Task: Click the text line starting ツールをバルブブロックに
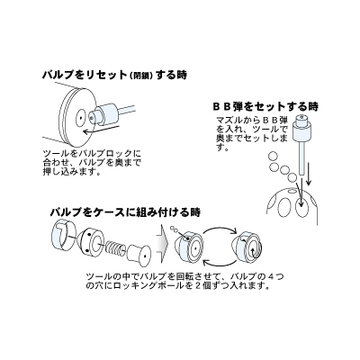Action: point(98,154)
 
